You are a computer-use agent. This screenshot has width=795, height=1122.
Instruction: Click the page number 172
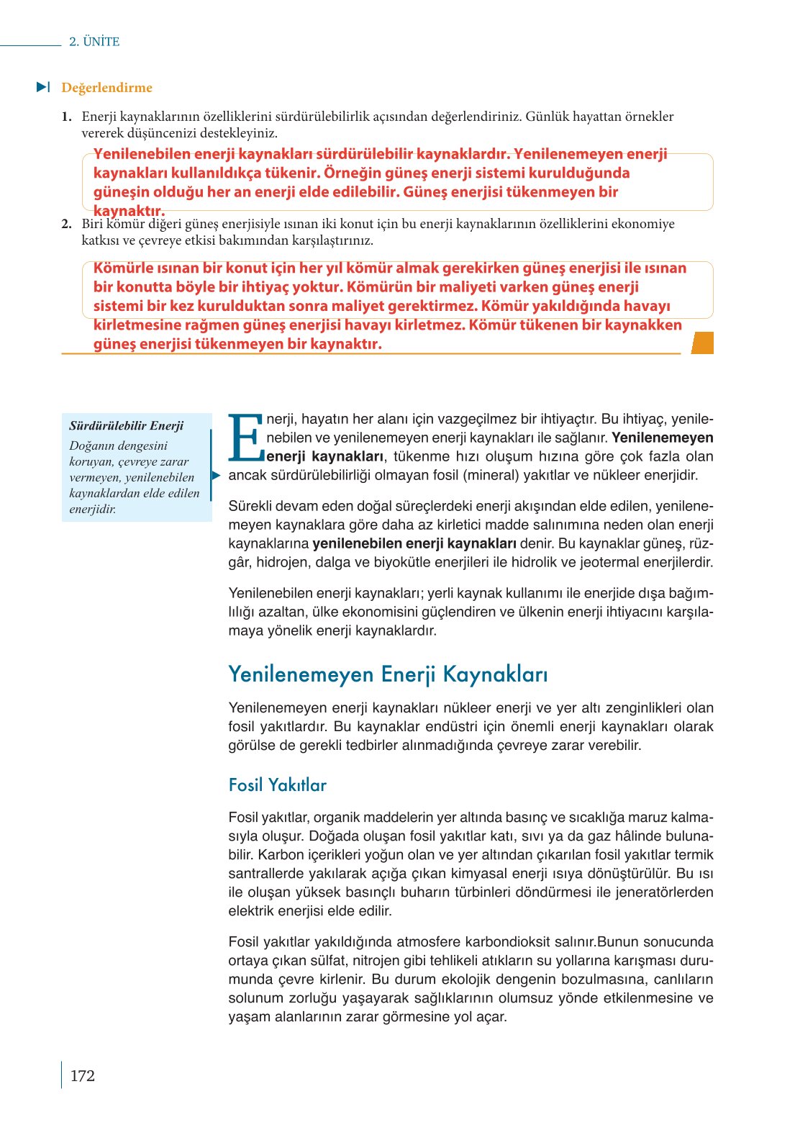click(82, 1076)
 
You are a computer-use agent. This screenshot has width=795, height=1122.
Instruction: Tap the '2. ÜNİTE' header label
click(94, 42)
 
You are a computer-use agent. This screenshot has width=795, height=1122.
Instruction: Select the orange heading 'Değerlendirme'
click(106, 88)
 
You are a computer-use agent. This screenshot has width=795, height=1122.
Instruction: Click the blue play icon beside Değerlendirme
click(43, 87)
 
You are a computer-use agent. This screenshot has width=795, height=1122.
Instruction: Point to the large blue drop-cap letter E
click(245, 438)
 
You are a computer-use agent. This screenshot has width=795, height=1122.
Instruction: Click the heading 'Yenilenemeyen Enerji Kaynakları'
click(388, 674)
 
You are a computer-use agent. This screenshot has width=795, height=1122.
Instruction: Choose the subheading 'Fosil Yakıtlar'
click(277, 784)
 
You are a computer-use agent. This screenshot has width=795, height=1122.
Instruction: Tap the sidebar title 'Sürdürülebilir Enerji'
click(126, 425)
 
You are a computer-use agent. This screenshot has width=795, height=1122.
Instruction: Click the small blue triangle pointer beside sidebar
click(215, 475)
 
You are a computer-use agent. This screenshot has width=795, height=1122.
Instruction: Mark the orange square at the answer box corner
click(701, 343)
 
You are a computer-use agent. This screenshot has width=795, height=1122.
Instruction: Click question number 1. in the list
click(66, 117)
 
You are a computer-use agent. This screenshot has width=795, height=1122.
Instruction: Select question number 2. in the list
click(66, 224)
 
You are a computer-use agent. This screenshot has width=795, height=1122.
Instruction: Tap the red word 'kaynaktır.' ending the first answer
click(129, 211)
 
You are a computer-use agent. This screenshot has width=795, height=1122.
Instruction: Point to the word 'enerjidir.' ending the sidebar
click(93, 509)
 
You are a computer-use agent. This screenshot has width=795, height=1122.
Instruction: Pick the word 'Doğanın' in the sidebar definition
click(93, 445)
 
